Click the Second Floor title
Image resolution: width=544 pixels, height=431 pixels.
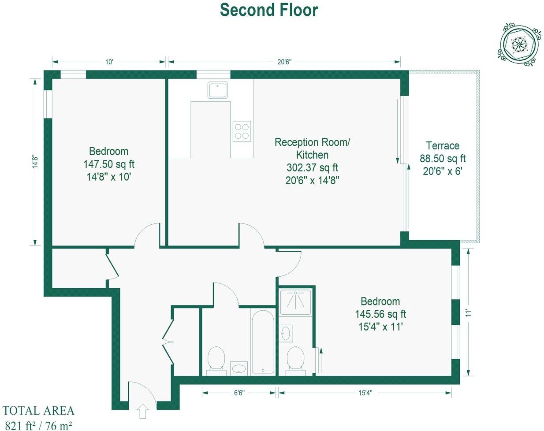(269, 10)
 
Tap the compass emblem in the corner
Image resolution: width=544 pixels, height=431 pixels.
(519, 44)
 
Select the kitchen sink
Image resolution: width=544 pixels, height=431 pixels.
(218, 90)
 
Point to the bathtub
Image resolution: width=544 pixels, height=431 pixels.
(263, 341)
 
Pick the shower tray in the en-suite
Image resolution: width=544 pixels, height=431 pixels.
(295, 302)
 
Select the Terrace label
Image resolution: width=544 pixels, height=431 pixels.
(443, 146)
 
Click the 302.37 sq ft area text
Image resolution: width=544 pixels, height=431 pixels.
(312, 167)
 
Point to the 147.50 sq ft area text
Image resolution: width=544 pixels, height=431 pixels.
(109, 164)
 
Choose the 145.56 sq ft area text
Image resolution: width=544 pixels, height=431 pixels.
(380, 314)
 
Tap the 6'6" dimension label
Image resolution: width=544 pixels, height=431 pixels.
(239, 393)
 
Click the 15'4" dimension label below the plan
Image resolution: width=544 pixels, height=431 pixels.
(365, 393)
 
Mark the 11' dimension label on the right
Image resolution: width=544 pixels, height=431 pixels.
(468, 312)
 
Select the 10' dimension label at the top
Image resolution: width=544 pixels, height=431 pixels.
(109, 62)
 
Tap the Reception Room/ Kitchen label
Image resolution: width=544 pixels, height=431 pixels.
(312, 149)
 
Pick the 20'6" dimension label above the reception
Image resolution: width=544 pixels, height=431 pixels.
(284, 62)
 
